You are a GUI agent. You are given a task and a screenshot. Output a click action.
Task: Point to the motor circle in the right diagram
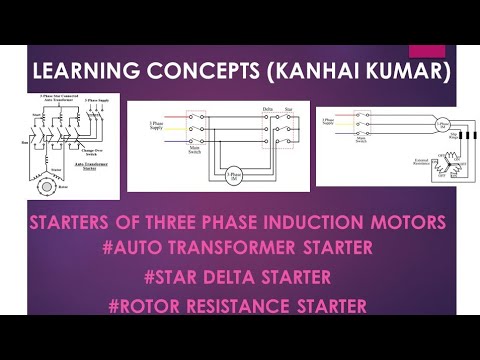[x=413, y=126]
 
